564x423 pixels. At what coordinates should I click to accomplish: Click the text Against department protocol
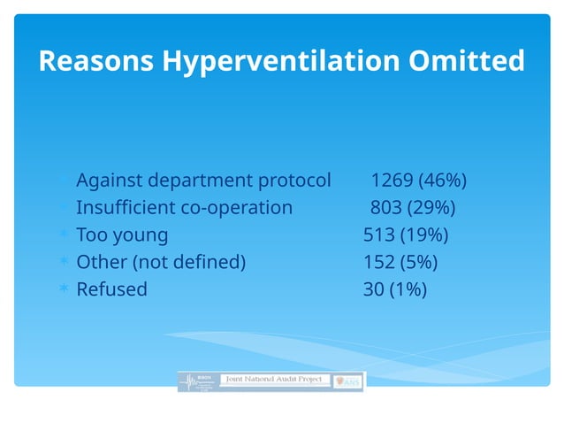[203, 181]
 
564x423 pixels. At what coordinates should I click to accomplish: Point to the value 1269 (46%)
[418, 181]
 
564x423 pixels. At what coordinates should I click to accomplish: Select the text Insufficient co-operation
[184, 208]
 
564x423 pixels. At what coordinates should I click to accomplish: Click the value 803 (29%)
[412, 208]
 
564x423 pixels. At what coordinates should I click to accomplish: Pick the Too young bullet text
[122, 235]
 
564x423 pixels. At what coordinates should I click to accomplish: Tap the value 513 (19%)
[406, 235]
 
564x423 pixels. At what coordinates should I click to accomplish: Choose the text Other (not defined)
[161, 262]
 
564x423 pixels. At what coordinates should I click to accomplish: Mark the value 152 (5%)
[400, 262]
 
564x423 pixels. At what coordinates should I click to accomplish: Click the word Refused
[111, 289]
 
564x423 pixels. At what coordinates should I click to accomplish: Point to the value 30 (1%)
[394, 289]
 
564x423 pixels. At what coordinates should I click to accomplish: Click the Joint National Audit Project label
[273, 379]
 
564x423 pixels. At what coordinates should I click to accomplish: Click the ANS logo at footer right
[350, 381]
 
